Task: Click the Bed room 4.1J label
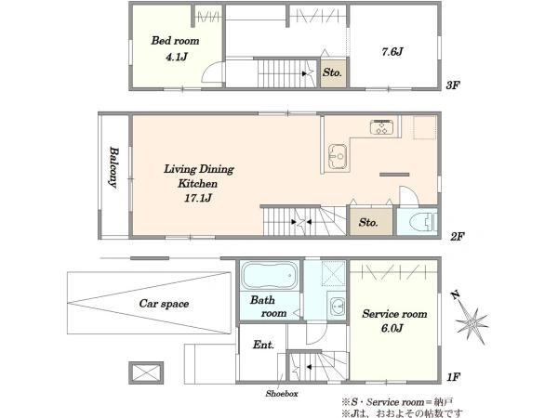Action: coord(175,48)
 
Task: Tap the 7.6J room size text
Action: coord(392,52)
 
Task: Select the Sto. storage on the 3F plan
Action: coord(332,72)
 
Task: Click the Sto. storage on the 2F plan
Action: coord(368,223)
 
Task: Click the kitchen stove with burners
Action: coord(382,127)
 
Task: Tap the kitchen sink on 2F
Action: coord(337,156)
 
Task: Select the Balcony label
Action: coord(113,167)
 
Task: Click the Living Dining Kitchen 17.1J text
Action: coord(199,183)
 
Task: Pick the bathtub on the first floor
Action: coord(270,276)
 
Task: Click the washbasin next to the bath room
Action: coord(337,306)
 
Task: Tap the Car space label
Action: coord(164,304)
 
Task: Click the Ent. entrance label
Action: coord(263,345)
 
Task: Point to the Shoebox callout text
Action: coord(282,394)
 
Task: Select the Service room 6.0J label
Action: coord(394,320)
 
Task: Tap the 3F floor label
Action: coord(453,85)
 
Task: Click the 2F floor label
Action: coord(458,236)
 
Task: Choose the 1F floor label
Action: coord(454,377)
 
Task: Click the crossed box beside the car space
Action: coord(146,372)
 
